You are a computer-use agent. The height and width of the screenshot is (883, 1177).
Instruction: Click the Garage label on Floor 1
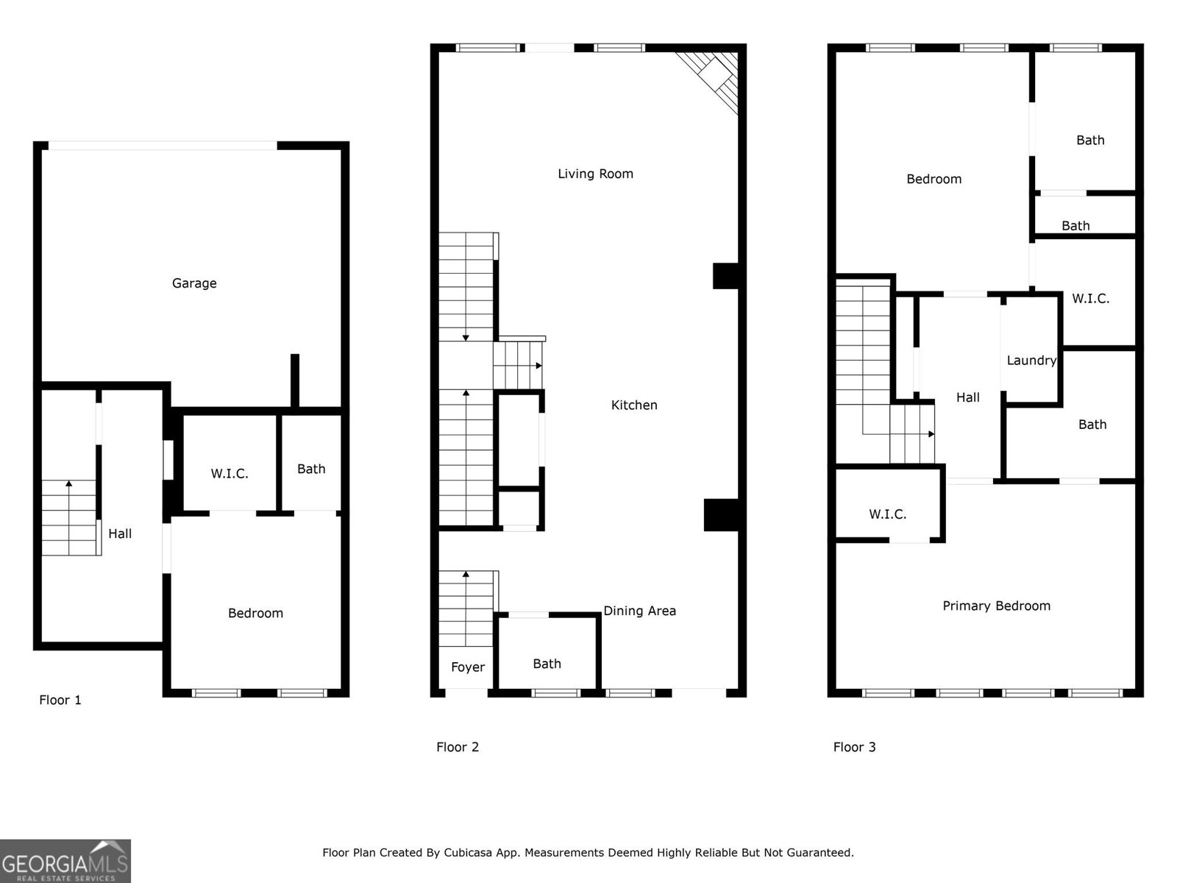point(194,283)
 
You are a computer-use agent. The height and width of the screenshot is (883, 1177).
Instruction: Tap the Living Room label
point(595,174)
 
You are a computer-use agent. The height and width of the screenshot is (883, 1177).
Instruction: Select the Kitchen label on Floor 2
point(634,405)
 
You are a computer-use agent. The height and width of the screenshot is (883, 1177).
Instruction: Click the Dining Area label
point(639,611)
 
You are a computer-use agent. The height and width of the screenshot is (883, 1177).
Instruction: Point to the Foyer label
point(468,667)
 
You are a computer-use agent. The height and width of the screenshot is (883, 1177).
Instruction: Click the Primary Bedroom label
point(996,606)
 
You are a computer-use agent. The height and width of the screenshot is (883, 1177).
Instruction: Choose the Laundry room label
point(1031,360)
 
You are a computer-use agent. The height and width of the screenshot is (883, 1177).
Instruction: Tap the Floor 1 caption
point(60,700)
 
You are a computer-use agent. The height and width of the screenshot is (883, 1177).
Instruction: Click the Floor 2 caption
point(458,747)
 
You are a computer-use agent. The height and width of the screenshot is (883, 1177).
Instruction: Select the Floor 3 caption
point(854,747)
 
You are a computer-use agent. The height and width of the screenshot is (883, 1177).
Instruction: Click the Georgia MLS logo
point(65,861)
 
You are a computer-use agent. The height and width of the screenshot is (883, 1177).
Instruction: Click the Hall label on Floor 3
point(968,397)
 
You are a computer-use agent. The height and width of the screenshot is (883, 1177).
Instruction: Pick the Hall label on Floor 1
point(120,533)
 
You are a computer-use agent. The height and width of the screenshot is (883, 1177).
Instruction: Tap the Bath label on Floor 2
point(547,664)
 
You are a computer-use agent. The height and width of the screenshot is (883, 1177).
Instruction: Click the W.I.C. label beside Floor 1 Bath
point(230,474)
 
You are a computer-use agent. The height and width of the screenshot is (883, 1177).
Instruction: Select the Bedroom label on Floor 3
point(934,179)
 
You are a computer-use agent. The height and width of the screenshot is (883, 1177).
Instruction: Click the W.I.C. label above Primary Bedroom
point(887,514)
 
